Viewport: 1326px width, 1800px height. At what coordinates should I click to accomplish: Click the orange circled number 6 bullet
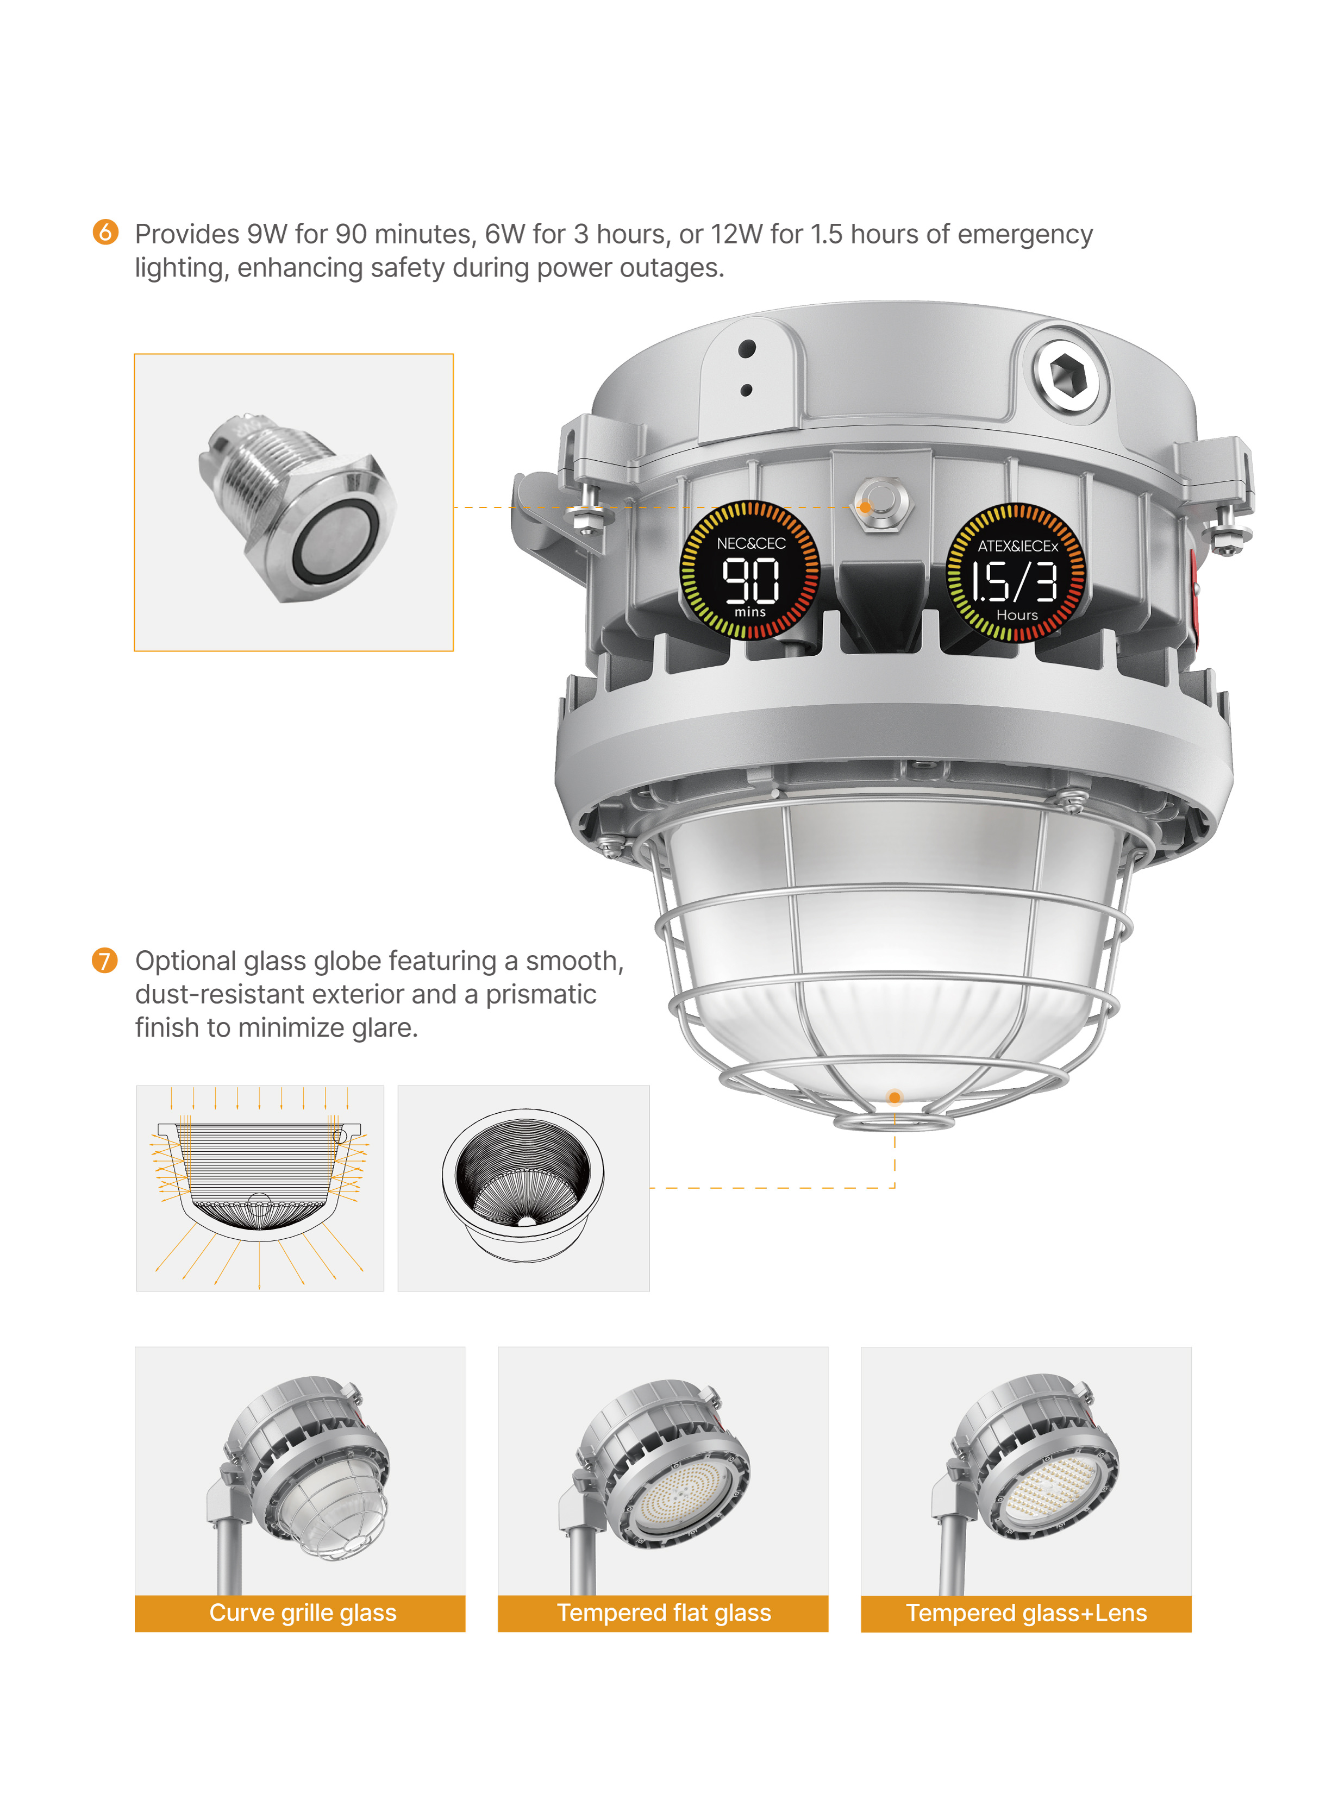[x=105, y=232]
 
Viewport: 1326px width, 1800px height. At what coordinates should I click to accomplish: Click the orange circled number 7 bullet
[x=104, y=960]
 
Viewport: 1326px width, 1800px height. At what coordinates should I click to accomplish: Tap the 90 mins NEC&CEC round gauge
[x=750, y=570]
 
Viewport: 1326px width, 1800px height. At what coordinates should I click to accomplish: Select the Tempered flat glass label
[x=663, y=1613]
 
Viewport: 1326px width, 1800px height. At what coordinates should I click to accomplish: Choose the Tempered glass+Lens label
[x=1026, y=1613]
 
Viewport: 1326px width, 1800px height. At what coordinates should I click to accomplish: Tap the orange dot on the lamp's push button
[x=865, y=506]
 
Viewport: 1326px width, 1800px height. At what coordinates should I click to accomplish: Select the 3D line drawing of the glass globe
[x=523, y=1188]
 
